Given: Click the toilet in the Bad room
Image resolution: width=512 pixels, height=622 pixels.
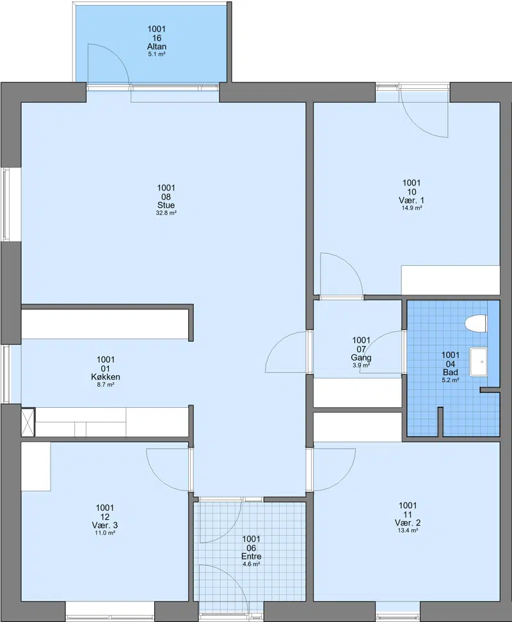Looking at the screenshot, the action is [476, 323].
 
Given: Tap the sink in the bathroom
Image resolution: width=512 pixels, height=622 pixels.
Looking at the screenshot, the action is [479, 362].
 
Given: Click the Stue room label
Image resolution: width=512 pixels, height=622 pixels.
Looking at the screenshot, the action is [166, 205].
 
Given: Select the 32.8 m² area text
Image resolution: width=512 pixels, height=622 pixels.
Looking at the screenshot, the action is [166, 213].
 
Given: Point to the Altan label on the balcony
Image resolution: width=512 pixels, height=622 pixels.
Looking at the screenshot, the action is [157, 47].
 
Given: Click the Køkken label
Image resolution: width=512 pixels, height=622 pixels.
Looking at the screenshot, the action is [106, 377].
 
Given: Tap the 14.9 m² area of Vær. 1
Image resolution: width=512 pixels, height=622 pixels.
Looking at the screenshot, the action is [412, 208].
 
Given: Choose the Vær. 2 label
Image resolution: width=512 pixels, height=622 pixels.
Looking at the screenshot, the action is [408, 522].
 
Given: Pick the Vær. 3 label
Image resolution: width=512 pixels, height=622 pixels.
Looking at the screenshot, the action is [105, 525].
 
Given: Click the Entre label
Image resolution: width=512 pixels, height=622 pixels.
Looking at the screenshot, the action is [252, 556].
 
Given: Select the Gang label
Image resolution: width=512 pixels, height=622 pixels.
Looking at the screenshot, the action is [361, 357].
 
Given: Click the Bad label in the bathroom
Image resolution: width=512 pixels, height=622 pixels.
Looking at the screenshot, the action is [451, 372].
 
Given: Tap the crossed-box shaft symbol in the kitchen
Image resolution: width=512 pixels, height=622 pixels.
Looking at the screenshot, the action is [28, 422].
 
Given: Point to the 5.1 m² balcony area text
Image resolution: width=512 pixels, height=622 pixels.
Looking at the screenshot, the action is [157, 54].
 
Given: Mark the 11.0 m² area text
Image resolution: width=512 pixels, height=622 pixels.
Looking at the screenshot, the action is [105, 533].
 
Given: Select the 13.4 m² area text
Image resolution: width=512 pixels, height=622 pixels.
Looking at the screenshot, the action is [408, 531].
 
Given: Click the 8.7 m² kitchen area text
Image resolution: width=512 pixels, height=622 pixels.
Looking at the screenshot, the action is [106, 385].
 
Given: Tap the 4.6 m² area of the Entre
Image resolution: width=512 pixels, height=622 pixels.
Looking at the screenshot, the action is [252, 564].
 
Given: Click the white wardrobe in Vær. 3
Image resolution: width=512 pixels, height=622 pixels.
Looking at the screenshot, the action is [36, 467].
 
